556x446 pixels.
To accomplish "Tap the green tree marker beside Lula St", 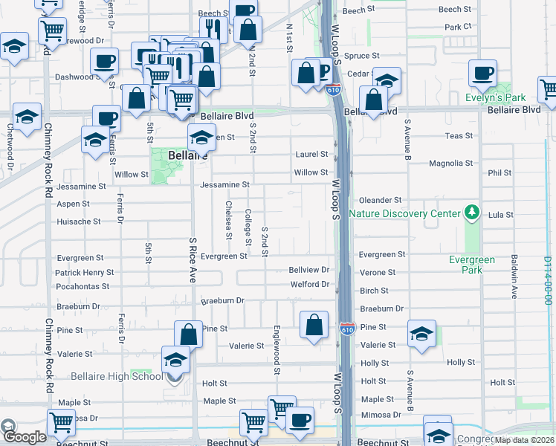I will (x=471, y=213).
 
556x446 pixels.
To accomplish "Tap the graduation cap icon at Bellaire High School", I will (x=175, y=361).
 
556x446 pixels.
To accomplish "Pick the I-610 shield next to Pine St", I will (x=347, y=329).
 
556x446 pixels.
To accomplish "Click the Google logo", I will (x=25, y=437).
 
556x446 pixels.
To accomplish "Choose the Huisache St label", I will (x=78, y=222).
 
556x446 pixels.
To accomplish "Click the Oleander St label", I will (x=380, y=201).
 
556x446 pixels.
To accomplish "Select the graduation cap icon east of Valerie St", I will (x=421, y=334).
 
